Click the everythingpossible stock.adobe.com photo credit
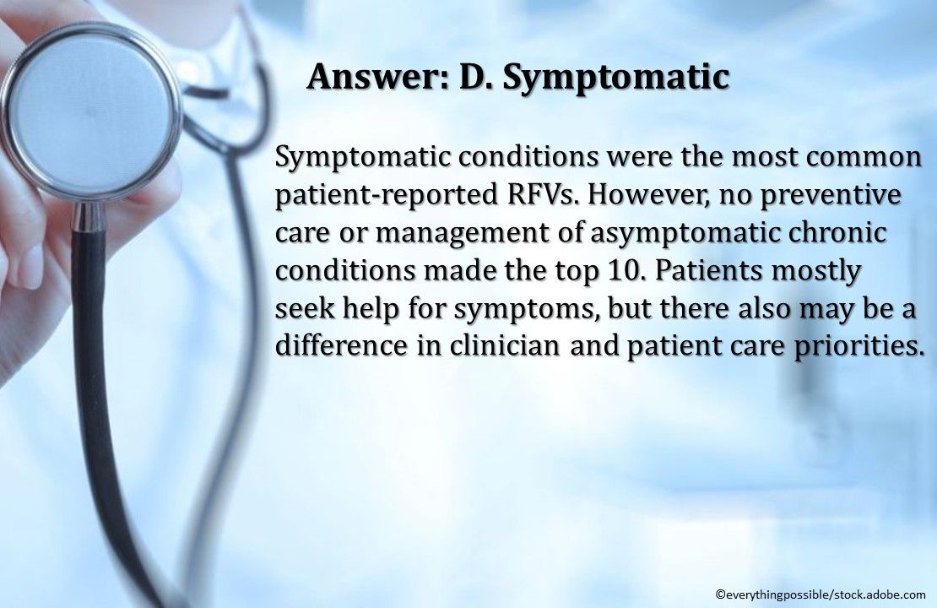(x=820, y=594)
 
